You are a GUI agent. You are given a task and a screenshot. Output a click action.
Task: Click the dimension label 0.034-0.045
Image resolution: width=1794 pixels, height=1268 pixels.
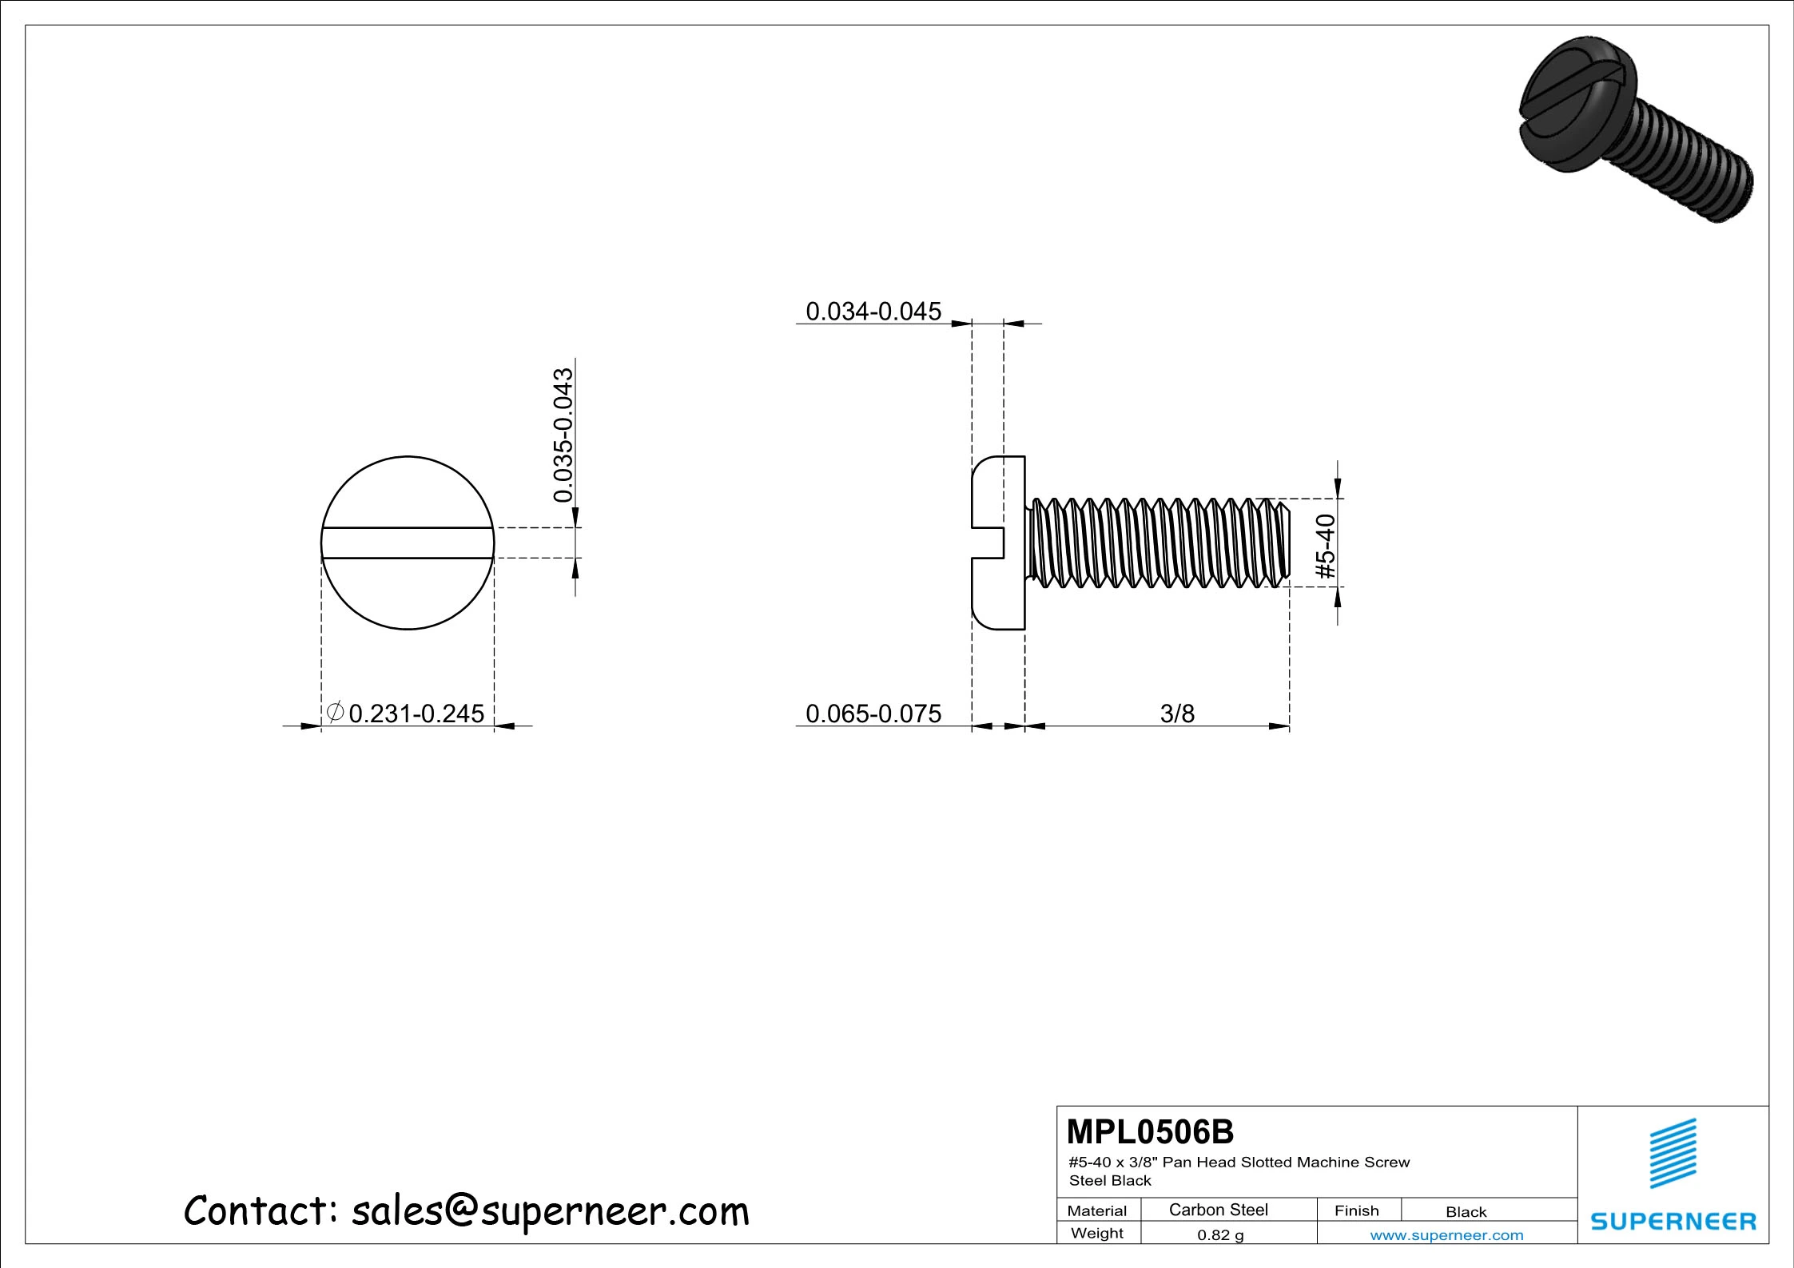click(x=873, y=311)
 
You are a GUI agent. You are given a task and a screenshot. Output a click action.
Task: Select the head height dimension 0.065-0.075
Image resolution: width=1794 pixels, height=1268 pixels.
click(x=873, y=713)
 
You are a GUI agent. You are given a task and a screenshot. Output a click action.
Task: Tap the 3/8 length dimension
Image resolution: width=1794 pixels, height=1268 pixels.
click(x=1176, y=713)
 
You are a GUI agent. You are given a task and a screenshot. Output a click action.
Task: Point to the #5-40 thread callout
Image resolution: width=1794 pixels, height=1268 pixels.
click(x=1325, y=547)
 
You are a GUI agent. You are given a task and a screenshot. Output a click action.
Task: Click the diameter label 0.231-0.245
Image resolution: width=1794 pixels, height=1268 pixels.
click(x=416, y=713)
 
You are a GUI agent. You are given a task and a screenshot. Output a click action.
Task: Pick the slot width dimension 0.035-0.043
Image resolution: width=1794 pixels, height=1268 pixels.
click(x=563, y=435)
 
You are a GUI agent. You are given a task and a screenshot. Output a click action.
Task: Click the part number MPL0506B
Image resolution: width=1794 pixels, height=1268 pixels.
click(x=1150, y=1131)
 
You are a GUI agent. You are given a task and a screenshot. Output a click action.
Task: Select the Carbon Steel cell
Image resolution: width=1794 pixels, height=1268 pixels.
click(x=1218, y=1210)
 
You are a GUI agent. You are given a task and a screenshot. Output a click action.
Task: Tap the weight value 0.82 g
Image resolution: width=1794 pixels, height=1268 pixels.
click(x=1220, y=1234)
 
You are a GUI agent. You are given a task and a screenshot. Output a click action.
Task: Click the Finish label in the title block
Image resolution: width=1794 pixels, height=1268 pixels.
click(x=1356, y=1210)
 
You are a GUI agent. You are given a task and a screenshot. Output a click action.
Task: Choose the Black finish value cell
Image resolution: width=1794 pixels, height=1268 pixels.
click(x=1466, y=1211)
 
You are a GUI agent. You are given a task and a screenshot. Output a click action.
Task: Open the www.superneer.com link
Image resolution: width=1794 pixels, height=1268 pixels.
click(x=1446, y=1235)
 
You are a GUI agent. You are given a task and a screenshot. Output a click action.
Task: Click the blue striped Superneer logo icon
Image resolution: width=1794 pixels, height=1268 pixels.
click(x=1673, y=1153)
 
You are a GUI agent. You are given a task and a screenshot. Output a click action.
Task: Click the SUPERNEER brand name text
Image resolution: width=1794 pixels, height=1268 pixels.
click(x=1673, y=1221)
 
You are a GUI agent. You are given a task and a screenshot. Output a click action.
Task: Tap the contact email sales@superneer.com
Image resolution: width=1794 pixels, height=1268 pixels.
click(x=550, y=1211)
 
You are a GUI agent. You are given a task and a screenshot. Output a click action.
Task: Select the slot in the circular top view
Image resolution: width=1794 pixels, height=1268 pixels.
click(x=408, y=543)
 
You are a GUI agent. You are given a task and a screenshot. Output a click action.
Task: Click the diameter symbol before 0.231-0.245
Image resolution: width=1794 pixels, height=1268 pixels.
click(x=336, y=711)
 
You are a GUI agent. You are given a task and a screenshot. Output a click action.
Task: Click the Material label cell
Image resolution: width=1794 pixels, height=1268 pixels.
click(x=1096, y=1210)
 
